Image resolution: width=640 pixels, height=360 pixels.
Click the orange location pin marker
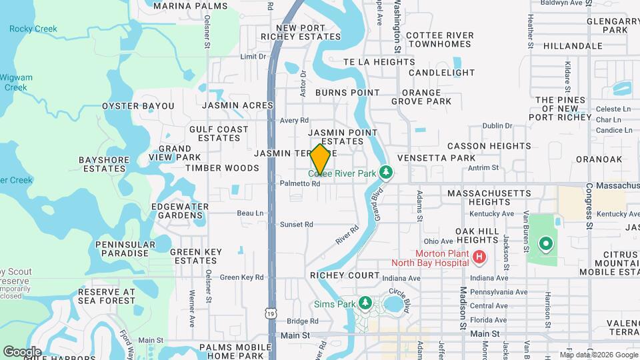(320, 159)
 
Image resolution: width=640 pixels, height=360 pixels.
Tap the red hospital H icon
(478, 257)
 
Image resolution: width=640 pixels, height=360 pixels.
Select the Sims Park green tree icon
(365, 304)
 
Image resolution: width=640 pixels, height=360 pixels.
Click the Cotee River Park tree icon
(385, 173)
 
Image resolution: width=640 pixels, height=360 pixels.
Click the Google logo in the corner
(22, 351)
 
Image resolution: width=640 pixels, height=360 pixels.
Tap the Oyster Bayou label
(138, 106)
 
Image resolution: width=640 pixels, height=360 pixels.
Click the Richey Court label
(345, 275)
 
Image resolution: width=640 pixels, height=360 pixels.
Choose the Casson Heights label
(489, 146)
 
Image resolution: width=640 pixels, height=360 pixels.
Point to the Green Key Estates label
(195, 256)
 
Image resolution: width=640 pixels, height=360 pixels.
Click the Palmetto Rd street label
(300, 183)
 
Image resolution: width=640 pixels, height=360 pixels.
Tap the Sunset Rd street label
(296, 225)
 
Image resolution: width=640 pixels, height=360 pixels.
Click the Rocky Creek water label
(33, 29)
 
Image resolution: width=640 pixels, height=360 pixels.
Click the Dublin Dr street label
(497, 125)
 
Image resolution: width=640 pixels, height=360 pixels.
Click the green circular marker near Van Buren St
(545, 244)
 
